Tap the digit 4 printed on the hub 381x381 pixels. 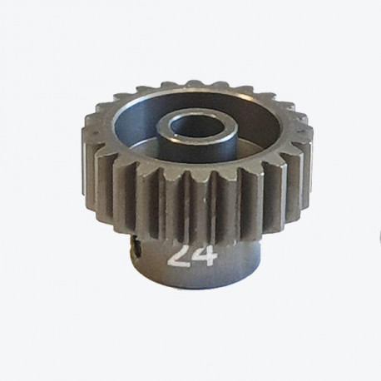click(x=205, y=256)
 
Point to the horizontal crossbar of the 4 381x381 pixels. click(x=205, y=259)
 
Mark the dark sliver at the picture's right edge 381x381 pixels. click(x=379, y=236)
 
